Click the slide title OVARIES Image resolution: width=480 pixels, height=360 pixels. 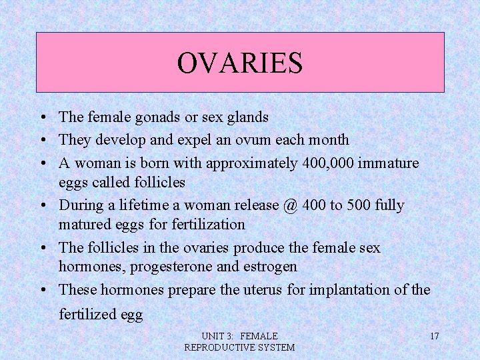point(239,63)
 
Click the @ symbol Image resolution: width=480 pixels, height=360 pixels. point(290,205)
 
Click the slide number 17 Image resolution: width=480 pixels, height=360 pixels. point(434,336)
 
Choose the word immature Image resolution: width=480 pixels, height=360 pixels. point(389,162)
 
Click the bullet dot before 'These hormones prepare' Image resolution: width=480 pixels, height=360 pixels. point(42,291)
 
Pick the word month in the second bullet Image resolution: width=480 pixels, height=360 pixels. point(329,140)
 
